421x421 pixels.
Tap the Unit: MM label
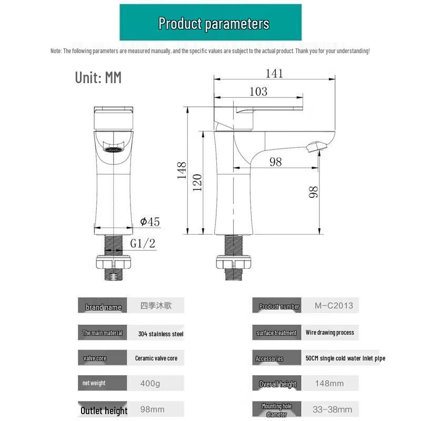point(98,78)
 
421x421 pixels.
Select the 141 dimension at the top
point(274,73)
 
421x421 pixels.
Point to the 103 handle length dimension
point(258,92)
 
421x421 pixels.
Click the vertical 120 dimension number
point(197,182)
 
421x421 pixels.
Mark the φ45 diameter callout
point(150,222)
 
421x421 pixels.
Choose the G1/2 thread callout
point(143,243)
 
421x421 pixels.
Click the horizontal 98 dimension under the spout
point(276,162)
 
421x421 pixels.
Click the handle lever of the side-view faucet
point(268,109)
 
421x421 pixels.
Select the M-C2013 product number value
point(334,305)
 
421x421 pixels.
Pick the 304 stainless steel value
point(161,334)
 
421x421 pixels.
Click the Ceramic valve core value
point(156,358)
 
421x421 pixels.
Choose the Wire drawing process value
point(329,333)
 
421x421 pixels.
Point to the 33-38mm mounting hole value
point(333,409)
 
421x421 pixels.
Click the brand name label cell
point(103,307)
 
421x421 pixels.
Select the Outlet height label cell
point(104,410)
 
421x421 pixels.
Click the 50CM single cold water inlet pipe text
point(345,358)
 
